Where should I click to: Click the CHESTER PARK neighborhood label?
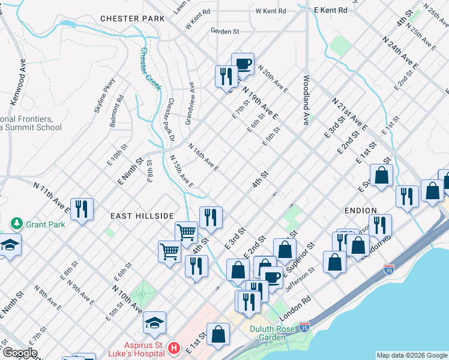[132, 19]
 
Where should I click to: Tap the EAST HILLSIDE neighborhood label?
[142, 215]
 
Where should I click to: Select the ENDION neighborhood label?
[360, 211]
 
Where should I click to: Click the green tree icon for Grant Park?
[16, 224]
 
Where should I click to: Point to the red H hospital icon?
[173, 347]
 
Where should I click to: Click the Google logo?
[19, 353]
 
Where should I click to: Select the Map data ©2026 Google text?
[411, 355]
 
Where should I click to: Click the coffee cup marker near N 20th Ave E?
[243, 64]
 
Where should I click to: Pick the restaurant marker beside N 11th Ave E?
[81, 209]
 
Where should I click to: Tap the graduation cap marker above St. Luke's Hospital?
[154, 323]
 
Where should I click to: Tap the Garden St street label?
[224, 31]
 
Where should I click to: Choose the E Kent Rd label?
[330, 10]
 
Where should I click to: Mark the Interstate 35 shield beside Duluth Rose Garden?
[304, 327]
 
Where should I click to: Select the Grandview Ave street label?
[190, 103]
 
